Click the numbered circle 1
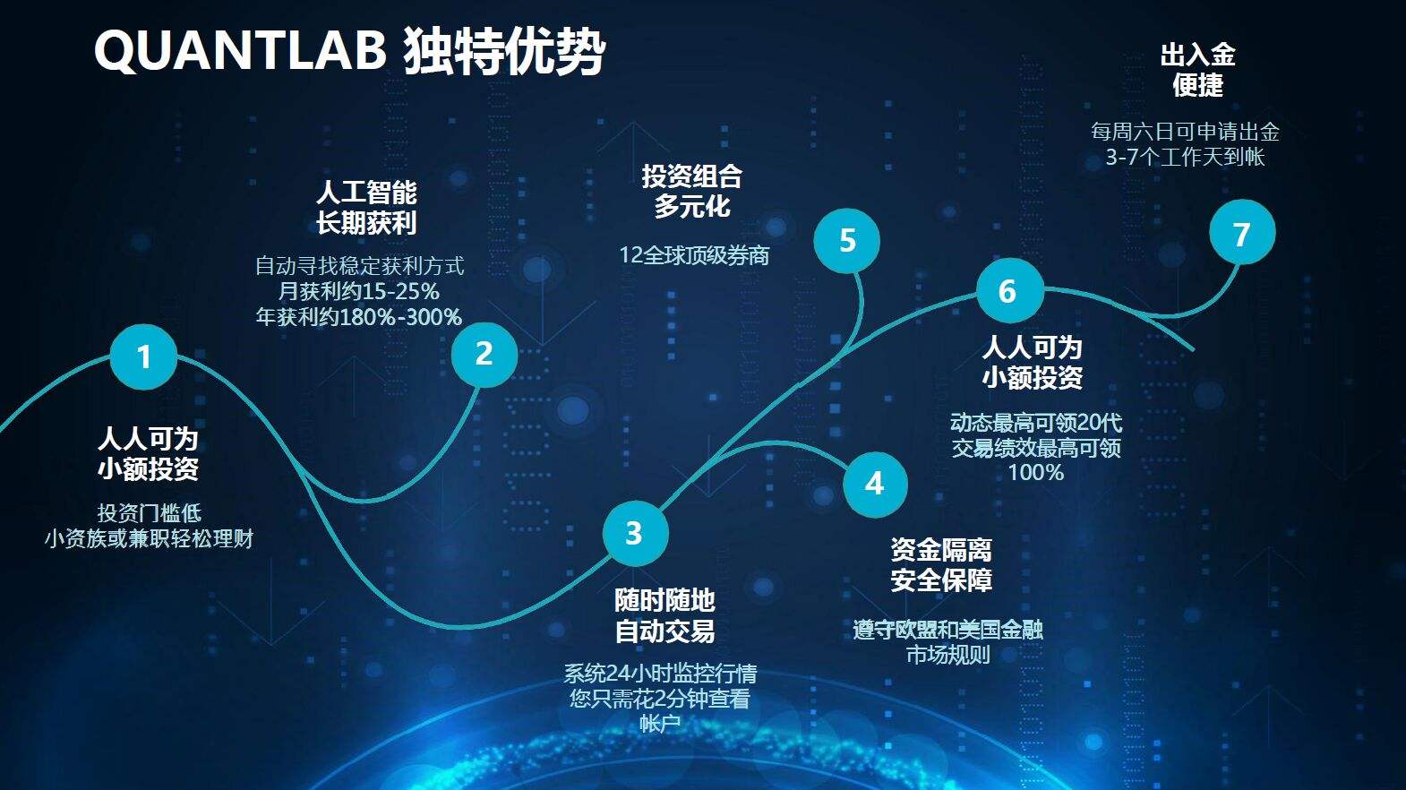click(143, 356)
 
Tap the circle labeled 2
click(484, 354)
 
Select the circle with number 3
click(635, 533)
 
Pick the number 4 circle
click(875, 485)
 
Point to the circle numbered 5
click(846, 240)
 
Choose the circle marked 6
click(1008, 290)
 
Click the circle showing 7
click(1241, 233)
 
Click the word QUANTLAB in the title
click(240, 50)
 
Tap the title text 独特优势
click(504, 52)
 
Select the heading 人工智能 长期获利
click(366, 207)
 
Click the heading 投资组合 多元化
click(691, 192)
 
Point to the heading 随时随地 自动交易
click(664, 615)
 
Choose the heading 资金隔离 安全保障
click(941, 565)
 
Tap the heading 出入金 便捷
click(1197, 70)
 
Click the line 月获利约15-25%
click(358, 291)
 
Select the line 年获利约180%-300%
click(358, 316)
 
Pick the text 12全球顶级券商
click(694, 255)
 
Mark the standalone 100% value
click(1036, 472)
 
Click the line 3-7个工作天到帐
click(1185, 157)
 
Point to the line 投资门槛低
click(149, 512)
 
